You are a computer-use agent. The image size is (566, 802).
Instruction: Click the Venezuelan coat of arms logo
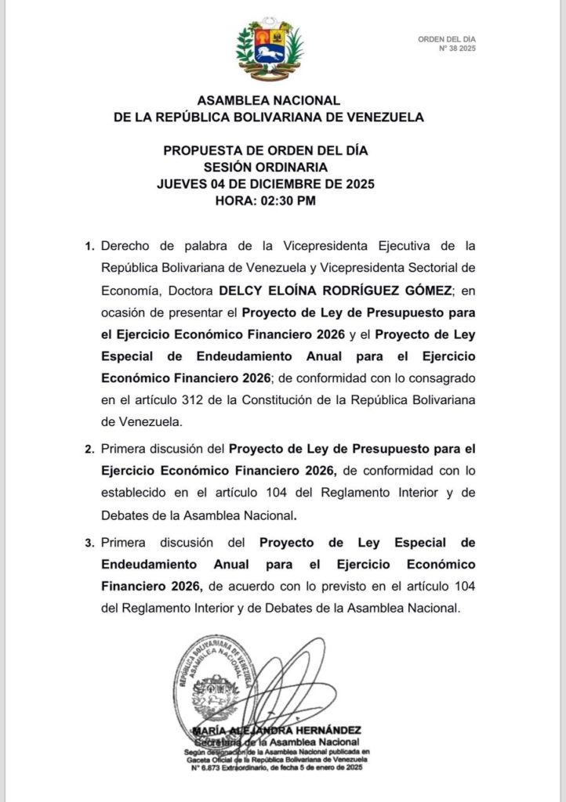pyautogui.click(x=270, y=49)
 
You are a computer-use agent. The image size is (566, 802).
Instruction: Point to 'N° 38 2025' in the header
pyautogui.click(x=457, y=48)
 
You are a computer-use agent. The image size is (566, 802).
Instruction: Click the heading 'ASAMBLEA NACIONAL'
pyautogui.click(x=269, y=101)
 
